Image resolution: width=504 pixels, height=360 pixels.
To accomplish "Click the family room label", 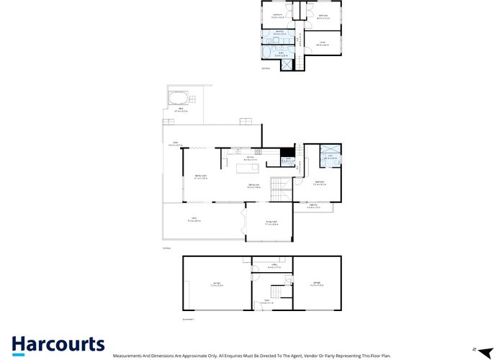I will coord(200,177).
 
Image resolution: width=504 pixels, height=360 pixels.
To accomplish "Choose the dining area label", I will coord(253,186).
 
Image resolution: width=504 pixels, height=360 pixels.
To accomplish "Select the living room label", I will coord(271,222).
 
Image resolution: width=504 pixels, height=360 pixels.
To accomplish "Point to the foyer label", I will coord(266,302).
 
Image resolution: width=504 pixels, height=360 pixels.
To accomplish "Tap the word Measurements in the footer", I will coord(128,356).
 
